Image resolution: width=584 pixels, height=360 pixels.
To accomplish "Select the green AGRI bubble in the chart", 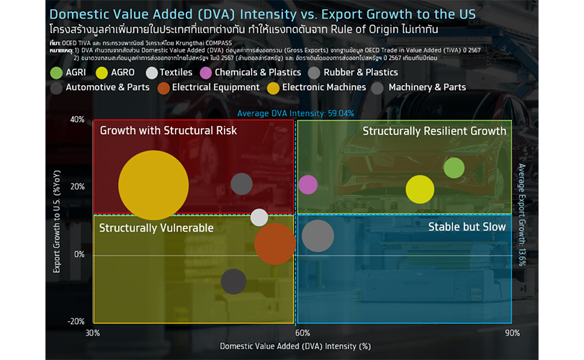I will tap(454, 168).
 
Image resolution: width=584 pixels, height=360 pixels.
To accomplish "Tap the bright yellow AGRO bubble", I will tap(420, 189).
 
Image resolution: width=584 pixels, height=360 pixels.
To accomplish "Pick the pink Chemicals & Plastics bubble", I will tap(307, 185).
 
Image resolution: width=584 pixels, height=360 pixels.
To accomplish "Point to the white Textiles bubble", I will tap(259, 217).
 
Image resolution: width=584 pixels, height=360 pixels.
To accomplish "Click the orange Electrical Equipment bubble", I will tap(274, 243).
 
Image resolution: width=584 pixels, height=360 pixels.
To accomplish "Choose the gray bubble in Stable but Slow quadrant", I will tap(318, 236).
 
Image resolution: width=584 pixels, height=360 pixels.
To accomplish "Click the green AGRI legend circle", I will tap(56, 72).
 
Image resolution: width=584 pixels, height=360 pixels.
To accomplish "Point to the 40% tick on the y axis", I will tap(76, 120).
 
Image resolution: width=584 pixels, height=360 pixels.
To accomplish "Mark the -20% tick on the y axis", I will tap(76, 322).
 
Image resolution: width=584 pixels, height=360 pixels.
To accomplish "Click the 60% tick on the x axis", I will tap(302, 333).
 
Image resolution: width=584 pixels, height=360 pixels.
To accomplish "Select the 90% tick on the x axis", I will tap(511, 333).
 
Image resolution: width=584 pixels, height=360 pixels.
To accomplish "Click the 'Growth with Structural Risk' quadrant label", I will tap(168, 131).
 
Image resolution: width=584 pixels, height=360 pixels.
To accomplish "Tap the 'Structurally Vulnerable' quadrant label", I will tap(156, 228).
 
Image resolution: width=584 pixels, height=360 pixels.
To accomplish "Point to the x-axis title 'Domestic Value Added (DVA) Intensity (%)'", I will tap(295, 346).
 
